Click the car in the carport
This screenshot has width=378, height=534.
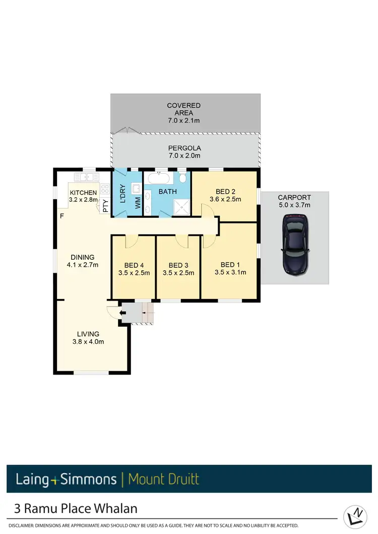[x=295, y=244]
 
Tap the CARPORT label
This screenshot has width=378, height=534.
[x=294, y=198]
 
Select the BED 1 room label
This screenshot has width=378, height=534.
[x=230, y=265]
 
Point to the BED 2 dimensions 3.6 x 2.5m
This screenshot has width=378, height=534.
[x=225, y=199]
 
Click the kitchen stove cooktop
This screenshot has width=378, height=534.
[x=105, y=190]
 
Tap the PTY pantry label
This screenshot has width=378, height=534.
[x=105, y=205]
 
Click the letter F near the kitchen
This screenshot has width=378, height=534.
[x=62, y=216]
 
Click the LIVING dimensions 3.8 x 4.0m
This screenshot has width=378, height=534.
[x=88, y=342]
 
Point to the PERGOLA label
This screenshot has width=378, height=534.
[x=184, y=148]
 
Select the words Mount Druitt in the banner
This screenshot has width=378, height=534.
[x=164, y=479]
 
